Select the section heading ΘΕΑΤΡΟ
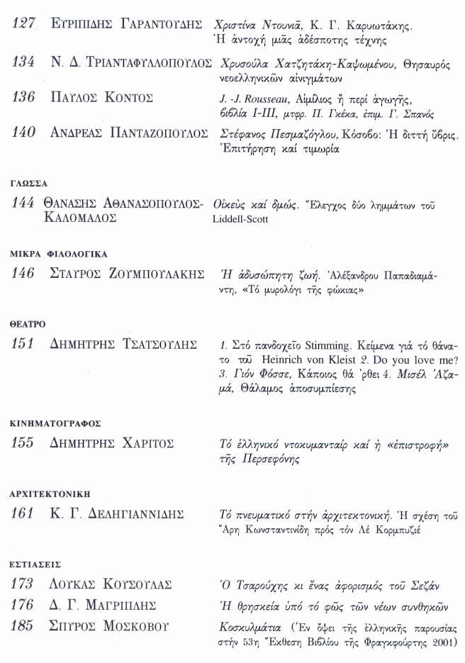click(28, 323)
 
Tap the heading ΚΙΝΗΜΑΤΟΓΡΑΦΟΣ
click(55, 423)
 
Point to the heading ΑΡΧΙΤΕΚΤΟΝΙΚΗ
click(50, 494)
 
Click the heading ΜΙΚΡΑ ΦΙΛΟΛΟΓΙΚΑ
click(58, 253)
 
